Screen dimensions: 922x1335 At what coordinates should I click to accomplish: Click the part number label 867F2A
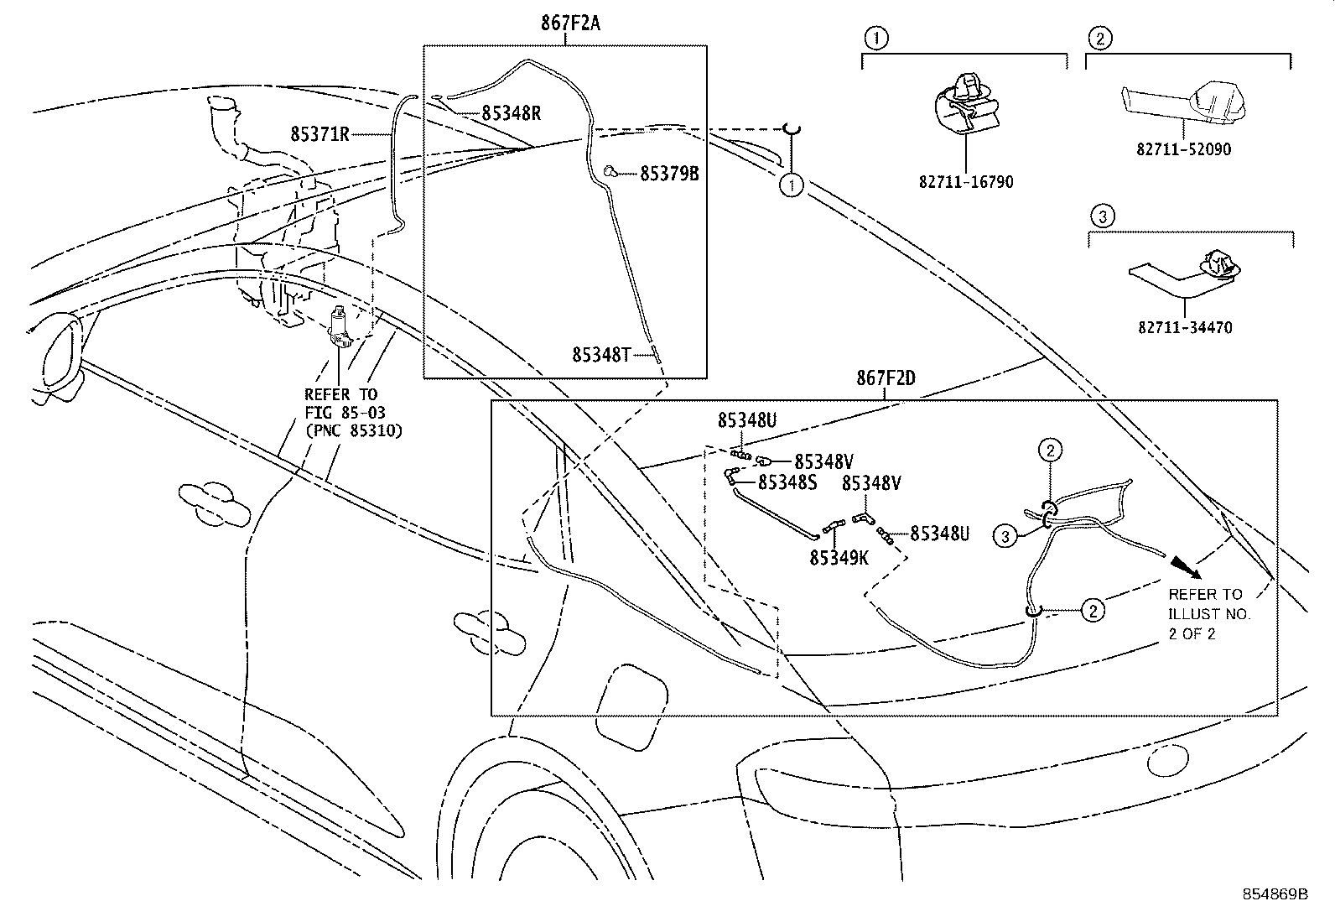(570, 23)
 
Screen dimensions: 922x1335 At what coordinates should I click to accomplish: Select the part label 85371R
(319, 133)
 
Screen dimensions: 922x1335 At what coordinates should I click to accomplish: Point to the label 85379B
(669, 174)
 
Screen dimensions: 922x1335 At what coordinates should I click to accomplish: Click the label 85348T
(600, 355)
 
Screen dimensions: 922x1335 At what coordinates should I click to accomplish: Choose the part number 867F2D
(886, 378)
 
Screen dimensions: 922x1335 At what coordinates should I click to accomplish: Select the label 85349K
(839, 556)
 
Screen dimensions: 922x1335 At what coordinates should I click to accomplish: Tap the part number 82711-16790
(969, 182)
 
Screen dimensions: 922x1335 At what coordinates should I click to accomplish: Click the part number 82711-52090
(1184, 149)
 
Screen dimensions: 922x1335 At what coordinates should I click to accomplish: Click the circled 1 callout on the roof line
(791, 185)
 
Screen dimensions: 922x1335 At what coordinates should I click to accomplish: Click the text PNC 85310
(353, 431)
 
